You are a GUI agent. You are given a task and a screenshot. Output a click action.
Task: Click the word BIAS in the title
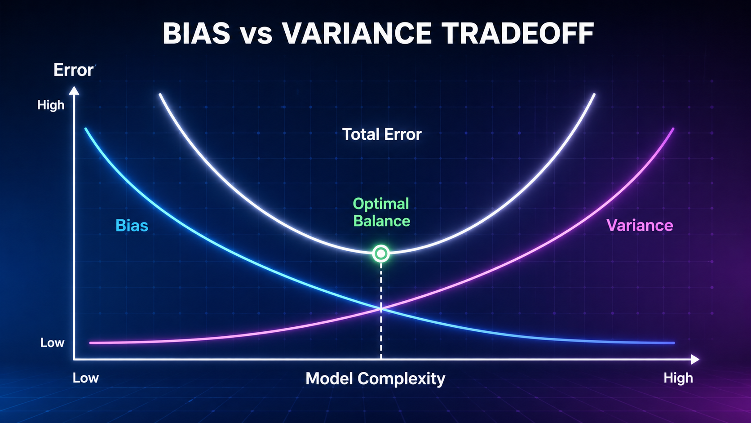(x=196, y=34)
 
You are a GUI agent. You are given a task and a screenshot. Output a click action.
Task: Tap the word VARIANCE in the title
(x=357, y=34)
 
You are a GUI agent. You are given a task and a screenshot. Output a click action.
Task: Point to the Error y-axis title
(x=73, y=70)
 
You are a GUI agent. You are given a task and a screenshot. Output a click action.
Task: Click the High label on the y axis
(x=51, y=105)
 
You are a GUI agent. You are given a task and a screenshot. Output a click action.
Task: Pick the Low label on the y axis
(x=52, y=343)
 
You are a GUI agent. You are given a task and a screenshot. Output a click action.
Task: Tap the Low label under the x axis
(x=85, y=378)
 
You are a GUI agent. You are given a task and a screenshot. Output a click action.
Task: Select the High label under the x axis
(x=678, y=378)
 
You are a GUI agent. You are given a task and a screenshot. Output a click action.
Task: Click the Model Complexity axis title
(x=375, y=378)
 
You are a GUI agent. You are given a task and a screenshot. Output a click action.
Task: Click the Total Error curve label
(x=382, y=134)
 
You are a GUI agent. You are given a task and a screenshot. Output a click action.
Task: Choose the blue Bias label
(x=132, y=225)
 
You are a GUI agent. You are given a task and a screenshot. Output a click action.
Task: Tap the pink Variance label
(x=640, y=225)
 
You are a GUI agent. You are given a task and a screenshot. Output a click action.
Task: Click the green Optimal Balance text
(x=381, y=212)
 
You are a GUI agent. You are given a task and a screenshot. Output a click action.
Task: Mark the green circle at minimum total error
(x=381, y=254)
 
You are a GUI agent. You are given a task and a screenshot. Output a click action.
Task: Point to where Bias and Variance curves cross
(x=381, y=308)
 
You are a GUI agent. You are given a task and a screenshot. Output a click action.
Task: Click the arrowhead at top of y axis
(x=74, y=90)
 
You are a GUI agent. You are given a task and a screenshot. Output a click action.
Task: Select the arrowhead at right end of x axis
(x=695, y=359)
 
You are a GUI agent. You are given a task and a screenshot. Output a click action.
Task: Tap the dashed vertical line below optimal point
(x=381, y=333)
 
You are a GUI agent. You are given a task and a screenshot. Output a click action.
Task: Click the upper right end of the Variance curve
(x=672, y=129)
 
